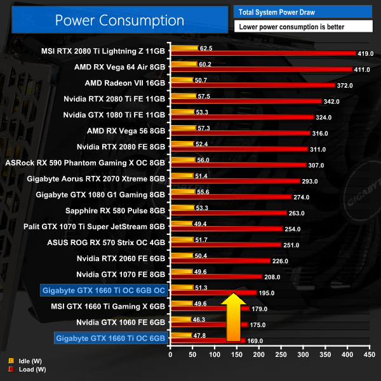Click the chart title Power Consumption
[119, 20]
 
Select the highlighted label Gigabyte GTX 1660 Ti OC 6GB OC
[103, 291]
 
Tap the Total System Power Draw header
[303, 11]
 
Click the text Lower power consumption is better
[303, 27]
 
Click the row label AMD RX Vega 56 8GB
[126, 131]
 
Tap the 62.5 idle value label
[206, 48]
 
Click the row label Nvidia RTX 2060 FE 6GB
[121, 258]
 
